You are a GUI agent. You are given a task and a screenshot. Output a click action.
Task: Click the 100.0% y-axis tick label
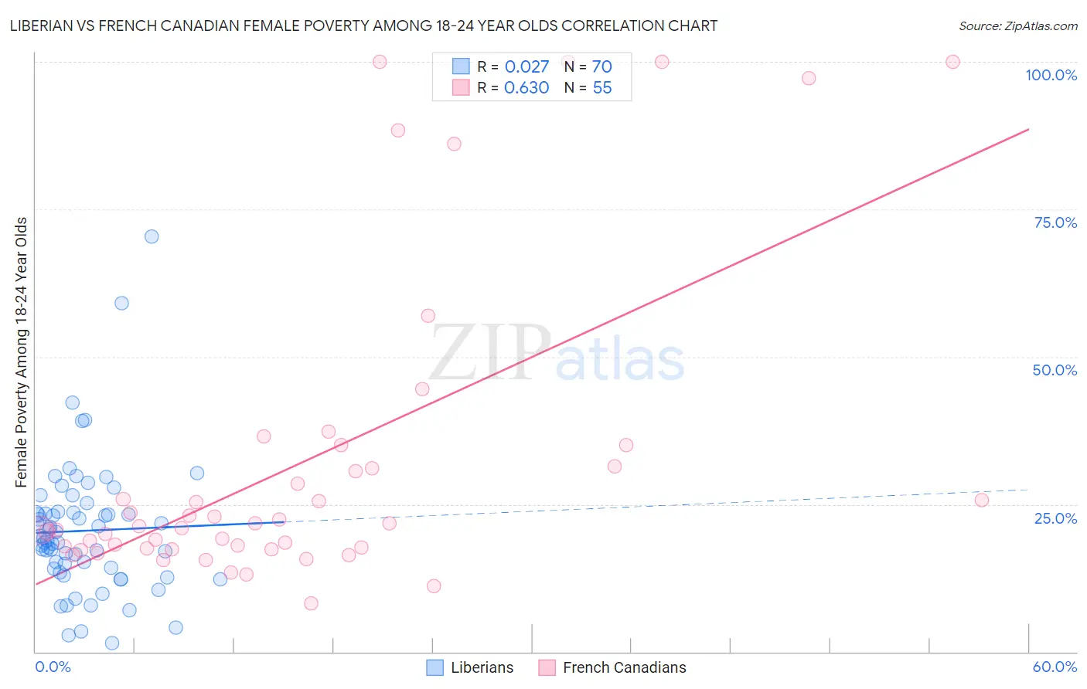(1051, 75)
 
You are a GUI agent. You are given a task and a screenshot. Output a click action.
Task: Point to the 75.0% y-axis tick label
(1055, 222)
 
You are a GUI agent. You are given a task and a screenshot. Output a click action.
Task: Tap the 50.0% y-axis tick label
(1055, 370)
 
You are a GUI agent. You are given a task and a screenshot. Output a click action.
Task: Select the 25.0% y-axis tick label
(1055, 518)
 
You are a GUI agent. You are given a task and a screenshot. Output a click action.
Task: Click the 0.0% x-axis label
(53, 667)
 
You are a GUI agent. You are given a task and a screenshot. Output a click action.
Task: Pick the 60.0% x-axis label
(1055, 667)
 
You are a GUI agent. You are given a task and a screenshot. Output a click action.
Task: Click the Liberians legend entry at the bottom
(482, 667)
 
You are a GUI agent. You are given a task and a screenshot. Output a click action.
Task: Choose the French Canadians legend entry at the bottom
(624, 667)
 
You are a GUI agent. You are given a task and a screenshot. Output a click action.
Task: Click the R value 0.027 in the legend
(526, 67)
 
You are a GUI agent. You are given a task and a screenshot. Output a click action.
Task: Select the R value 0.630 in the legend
(526, 88)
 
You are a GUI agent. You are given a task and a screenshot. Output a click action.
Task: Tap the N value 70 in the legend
(601, 67)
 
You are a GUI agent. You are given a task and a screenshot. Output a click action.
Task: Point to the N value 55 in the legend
(601, 88)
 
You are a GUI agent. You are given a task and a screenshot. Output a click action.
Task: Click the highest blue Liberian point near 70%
(152, 236)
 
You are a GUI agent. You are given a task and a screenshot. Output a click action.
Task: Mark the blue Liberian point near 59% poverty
(121, 303)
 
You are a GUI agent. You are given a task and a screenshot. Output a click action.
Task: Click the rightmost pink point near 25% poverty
(982, 500)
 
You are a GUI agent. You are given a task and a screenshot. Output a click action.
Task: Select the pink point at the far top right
(952, 62)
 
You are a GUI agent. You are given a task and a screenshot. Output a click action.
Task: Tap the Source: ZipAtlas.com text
(1017, 25)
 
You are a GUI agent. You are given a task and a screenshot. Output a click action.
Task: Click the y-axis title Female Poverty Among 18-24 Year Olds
(22, 352)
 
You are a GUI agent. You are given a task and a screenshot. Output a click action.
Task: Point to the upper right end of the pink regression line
(1028, 129)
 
